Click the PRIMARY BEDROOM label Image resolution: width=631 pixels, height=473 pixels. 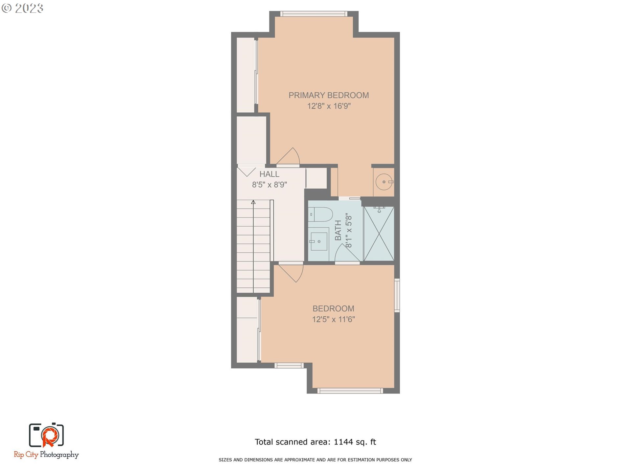tap(329, 95)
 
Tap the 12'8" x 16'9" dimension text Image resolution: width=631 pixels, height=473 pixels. tap(329, 106)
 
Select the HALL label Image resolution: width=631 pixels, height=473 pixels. tap(269, 174)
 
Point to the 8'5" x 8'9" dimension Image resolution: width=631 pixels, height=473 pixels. tap(269, 185)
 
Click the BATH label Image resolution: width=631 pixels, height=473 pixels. tap(338, 230)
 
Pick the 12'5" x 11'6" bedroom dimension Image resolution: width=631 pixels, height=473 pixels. tap(333, 319)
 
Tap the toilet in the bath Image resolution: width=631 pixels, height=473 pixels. tap(320, 214)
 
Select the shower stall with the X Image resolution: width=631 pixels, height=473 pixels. tap(379, 234)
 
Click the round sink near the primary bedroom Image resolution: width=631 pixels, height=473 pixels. tap(384, 182)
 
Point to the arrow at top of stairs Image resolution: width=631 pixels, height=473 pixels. tap(253, 202)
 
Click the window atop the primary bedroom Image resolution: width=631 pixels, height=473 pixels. tap(314, 14)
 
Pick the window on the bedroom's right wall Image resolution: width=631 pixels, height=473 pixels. tap(397, 295)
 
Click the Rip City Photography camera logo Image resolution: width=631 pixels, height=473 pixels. tap(46, 435)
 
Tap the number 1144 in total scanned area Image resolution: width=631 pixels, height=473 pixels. tap(343, 442)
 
